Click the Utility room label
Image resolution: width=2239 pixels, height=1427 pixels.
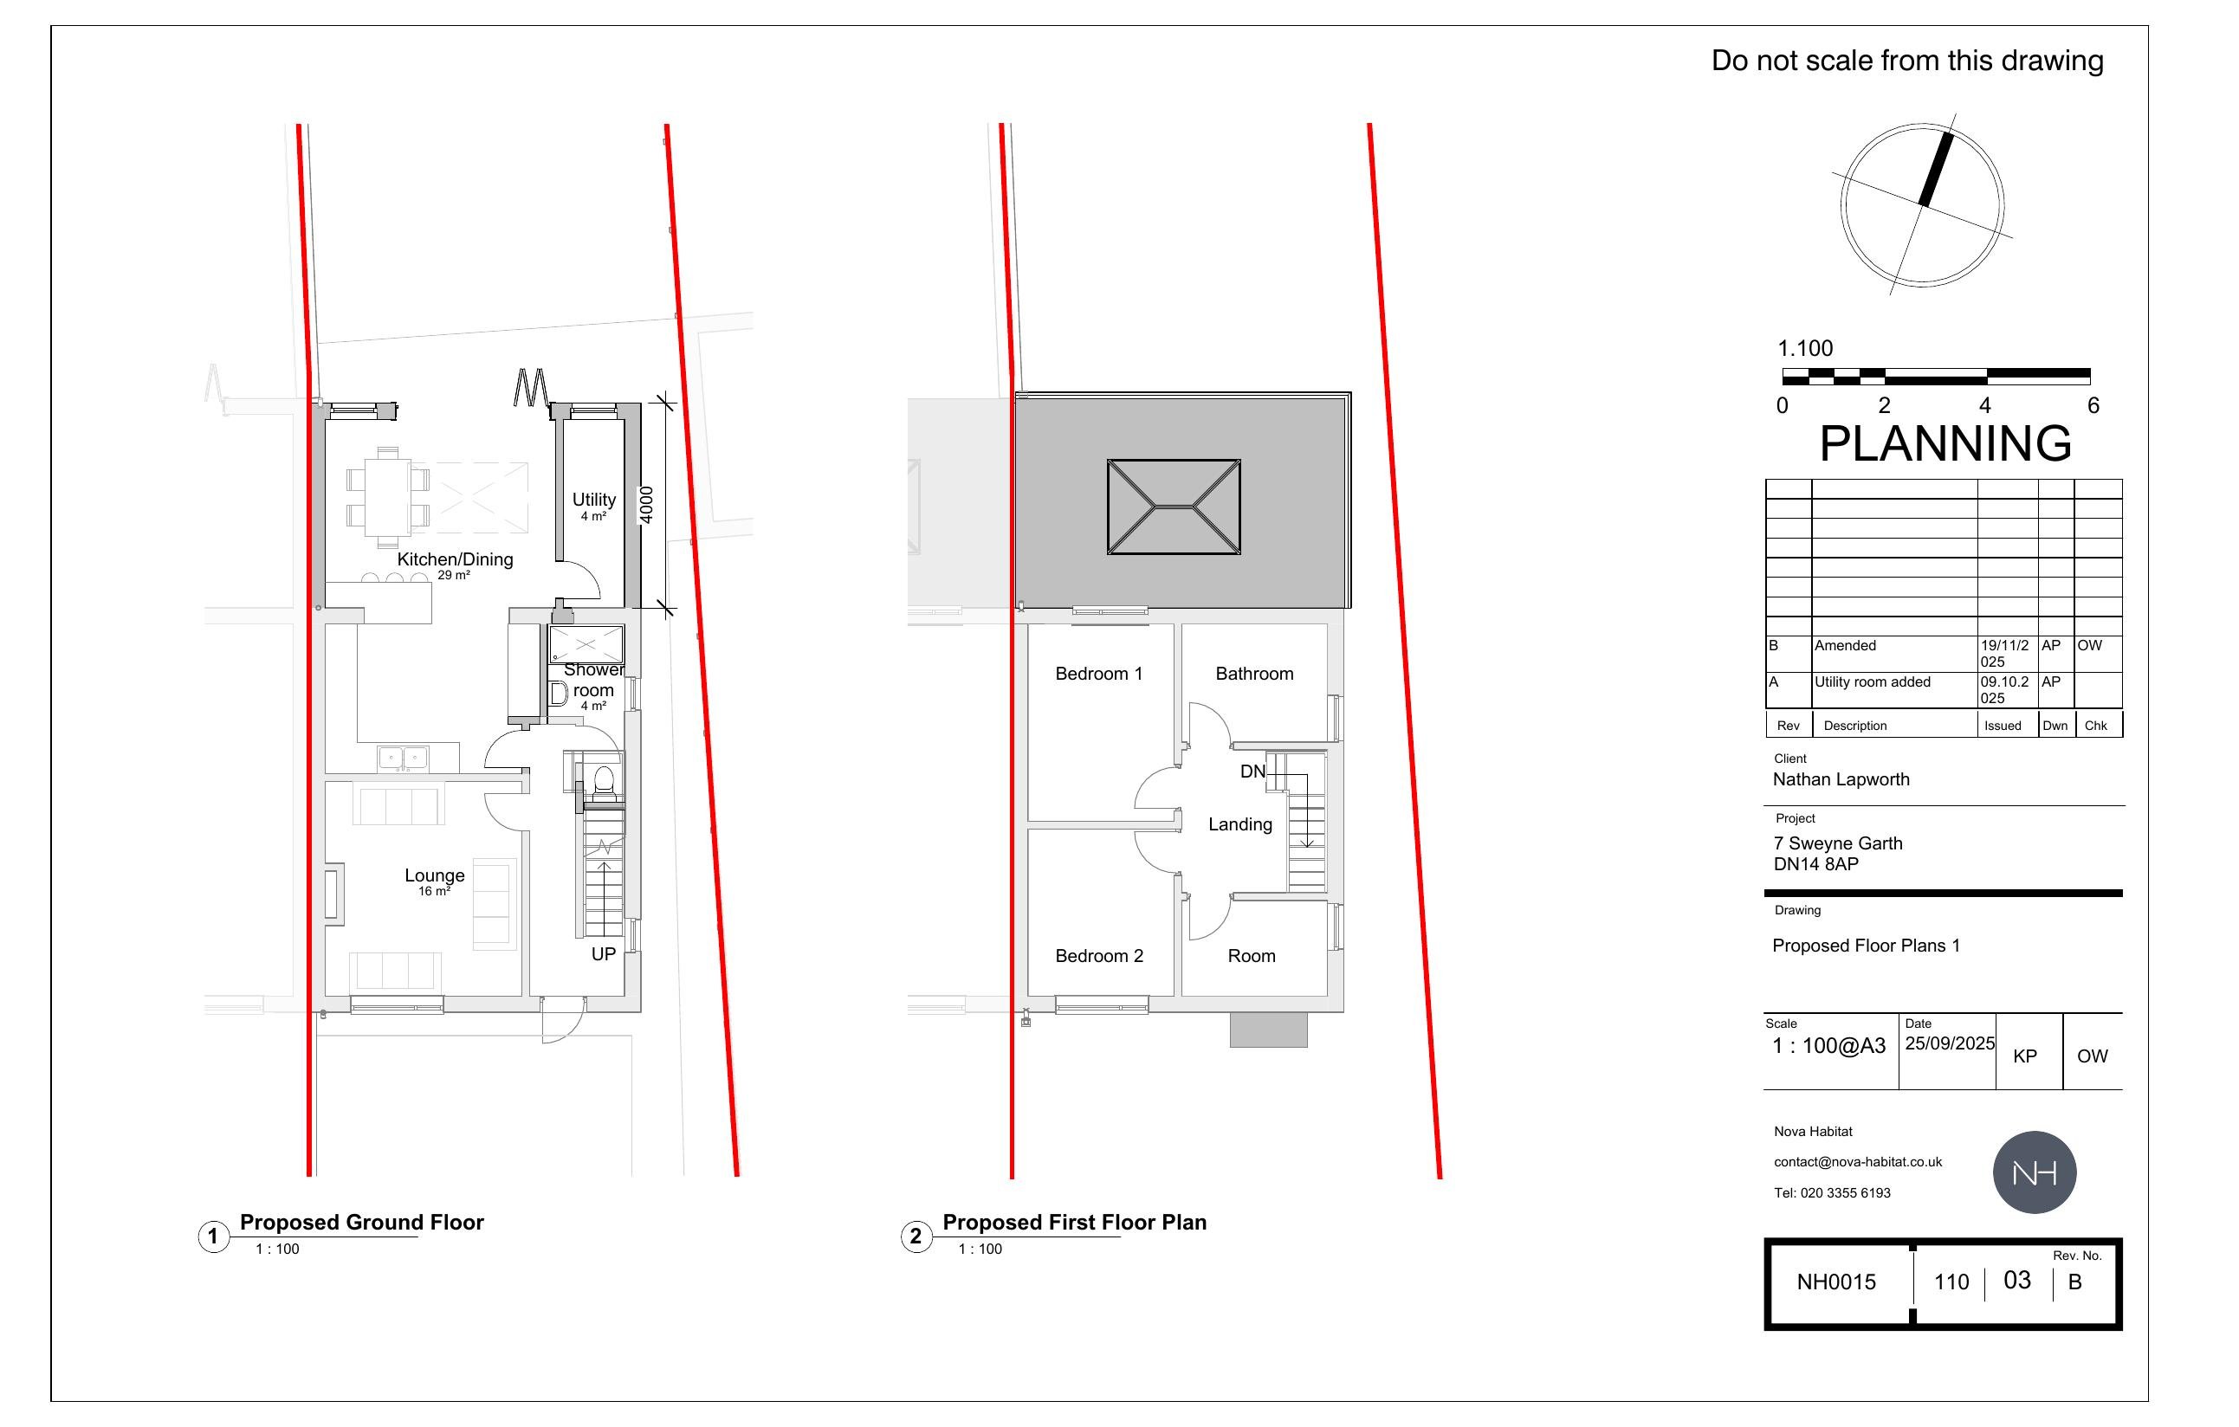[593, 500]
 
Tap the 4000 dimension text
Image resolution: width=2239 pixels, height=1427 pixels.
[646, 505]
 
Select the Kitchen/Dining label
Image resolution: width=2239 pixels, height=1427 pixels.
[455, 559]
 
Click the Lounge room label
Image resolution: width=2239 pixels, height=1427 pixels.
[434, 875]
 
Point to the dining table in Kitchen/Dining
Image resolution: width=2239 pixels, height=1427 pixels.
[387, 498]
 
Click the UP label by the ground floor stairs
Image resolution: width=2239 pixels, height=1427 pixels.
[604, 954]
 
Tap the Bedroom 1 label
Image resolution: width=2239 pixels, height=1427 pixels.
[1098, 674]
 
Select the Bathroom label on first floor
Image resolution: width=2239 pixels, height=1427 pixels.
[1253, 674]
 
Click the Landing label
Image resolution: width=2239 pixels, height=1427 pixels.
[1239, 824]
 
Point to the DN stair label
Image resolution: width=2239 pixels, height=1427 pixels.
[1252, 772]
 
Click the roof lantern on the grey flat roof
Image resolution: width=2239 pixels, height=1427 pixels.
[1174, 507]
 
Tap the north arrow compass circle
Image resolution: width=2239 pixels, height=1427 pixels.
[1922, 204]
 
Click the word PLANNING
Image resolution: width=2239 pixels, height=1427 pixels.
[1945, 443]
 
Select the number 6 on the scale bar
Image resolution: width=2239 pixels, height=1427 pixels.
[2093, 405]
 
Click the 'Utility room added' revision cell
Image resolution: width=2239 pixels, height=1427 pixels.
[1872, 682]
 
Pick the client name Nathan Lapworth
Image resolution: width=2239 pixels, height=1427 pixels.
[1840, 780]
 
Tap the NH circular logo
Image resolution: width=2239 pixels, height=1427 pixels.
[2034, 1172]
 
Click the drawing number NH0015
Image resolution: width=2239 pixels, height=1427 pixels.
[1835, 1282]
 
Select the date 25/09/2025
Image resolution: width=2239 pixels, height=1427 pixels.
[1949, 1044]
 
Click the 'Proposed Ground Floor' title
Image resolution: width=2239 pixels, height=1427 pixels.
[362, 1223]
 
